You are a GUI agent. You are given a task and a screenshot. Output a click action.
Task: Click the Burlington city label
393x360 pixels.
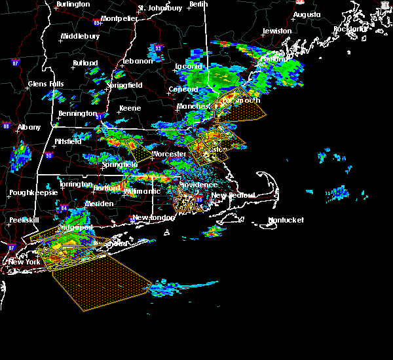[73, 5]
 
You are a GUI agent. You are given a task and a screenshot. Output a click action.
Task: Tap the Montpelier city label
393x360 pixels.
[119, 18]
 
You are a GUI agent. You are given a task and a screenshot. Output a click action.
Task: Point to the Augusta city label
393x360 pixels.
[307, 14]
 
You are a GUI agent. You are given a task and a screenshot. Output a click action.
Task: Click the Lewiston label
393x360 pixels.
[277, 31]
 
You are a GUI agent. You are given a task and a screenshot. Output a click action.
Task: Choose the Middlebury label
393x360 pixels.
[80, 37]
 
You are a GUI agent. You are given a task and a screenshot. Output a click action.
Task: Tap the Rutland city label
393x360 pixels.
[85, 63]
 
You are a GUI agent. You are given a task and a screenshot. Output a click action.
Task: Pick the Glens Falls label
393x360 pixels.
[46, 84]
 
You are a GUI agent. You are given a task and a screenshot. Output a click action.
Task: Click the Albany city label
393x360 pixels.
[29, 127]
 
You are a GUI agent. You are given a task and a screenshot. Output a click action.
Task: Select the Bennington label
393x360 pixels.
[77, 114]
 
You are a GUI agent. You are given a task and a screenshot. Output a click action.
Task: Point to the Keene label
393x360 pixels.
[130, 109]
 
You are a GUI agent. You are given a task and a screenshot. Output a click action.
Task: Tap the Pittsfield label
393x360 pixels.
[67, 141]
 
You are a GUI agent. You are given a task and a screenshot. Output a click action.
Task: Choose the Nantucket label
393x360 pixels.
[286, 221]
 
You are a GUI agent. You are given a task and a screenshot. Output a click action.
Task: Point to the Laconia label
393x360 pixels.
[190, 66]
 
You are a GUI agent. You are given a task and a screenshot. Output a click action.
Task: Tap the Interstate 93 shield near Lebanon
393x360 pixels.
[158, 48]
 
